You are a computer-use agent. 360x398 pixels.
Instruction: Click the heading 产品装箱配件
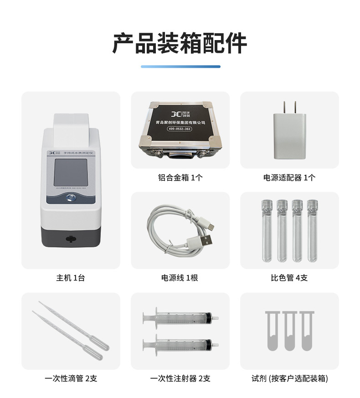[180, 44]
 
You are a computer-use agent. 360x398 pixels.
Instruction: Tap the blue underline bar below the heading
[180, 66]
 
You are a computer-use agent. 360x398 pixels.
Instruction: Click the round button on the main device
[71, 197]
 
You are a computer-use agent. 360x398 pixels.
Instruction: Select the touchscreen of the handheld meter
[71, 171]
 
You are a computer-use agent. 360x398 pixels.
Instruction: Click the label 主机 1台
[71, 278]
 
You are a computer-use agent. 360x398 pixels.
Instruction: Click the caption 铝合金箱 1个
[180, 178]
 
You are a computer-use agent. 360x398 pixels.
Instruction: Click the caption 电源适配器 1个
[289, 178]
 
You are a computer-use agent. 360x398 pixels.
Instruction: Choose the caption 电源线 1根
[180, 278]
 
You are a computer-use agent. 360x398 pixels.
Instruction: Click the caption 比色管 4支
[289, 278]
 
